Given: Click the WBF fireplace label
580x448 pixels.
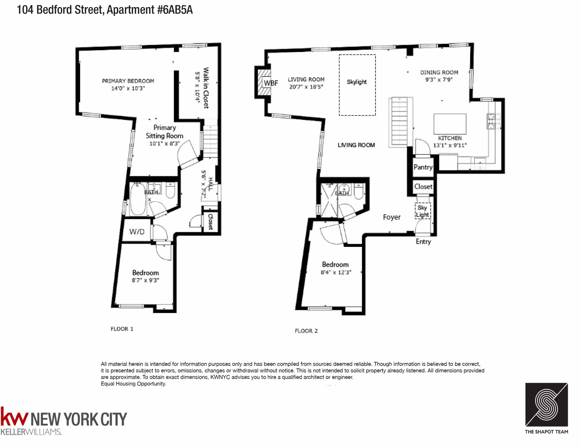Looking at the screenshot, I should click(271, 83).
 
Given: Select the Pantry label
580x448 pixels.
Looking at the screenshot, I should click(423, 167).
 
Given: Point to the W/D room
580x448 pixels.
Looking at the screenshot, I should click(137, 232).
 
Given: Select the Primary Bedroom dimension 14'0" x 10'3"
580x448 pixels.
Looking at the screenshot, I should click(128, 88).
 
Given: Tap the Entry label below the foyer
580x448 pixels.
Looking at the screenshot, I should click(423, 241).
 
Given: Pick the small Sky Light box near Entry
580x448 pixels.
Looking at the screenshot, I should click(422, 211).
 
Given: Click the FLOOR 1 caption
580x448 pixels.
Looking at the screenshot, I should click(122, 329).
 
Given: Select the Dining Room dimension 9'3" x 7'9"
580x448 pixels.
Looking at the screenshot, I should click(439, 79).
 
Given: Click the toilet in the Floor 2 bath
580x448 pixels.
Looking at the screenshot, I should click(359, 192).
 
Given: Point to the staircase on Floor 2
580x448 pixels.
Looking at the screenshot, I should click(399, 122).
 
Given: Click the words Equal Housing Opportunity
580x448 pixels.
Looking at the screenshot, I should click(133, 383).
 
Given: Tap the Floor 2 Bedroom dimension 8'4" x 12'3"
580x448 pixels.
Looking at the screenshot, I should click(336, 272).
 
